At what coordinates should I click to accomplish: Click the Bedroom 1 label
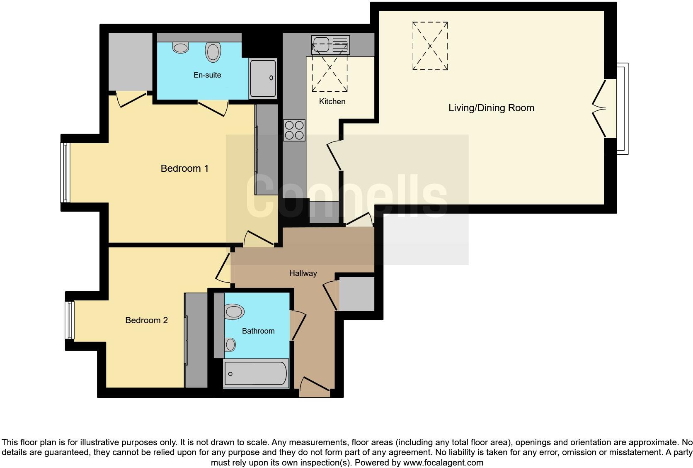click(x=184, y=168)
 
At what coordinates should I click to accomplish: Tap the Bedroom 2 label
click(x=146, y=320)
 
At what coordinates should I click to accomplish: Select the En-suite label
click(x=207, y=75)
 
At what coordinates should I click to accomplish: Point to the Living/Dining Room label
click(x=491, y=108)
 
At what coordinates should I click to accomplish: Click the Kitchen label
click(x=332, y=101)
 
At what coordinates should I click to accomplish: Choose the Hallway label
click(x=303, y=273)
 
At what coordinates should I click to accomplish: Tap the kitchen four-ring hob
click(x=294, y=130)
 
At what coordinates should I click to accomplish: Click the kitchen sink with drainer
click(x=330, y=45)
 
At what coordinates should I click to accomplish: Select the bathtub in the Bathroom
click(x=256, y=374)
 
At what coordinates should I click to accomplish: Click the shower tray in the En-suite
click(x=263, y=78)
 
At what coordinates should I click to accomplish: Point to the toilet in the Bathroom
click(x=234, y=312)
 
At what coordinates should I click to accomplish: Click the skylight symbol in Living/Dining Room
click(x=430, y=46)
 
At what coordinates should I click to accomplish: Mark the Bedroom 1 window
click(x=65, y=173)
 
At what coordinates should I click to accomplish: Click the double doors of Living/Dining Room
click(x=599, y=109)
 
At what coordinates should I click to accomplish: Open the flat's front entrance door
click(x=315, y=384)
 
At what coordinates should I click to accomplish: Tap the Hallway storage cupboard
click(x=356, y=294)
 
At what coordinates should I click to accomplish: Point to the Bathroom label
click(x=258, y=331)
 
